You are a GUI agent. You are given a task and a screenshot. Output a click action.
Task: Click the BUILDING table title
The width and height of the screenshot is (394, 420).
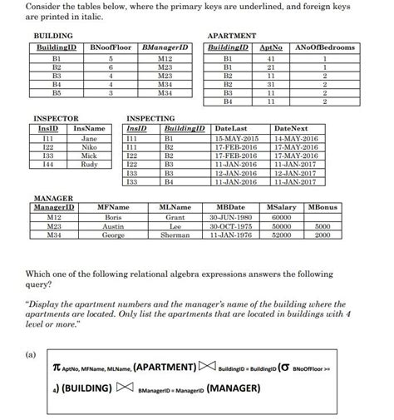tap(52, 37)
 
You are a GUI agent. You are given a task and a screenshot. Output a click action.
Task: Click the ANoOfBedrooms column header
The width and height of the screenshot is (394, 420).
tap(325, 47)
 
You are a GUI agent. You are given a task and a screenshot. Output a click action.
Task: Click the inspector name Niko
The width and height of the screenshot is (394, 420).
tap(90, 146)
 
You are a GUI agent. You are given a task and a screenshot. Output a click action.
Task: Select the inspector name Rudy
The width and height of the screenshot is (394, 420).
tap(90, 163)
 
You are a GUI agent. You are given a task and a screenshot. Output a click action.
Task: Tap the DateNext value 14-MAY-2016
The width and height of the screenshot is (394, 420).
tap(295, 137)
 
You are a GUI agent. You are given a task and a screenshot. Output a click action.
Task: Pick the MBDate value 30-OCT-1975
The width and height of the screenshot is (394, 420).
tap(230, 225)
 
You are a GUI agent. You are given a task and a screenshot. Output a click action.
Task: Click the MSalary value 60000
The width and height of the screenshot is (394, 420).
tap(282, 216)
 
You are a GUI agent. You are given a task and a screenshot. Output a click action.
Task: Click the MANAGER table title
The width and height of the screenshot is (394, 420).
tap(52, 197)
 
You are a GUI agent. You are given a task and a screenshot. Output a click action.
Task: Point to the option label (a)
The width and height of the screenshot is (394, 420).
tap(31, 353)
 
